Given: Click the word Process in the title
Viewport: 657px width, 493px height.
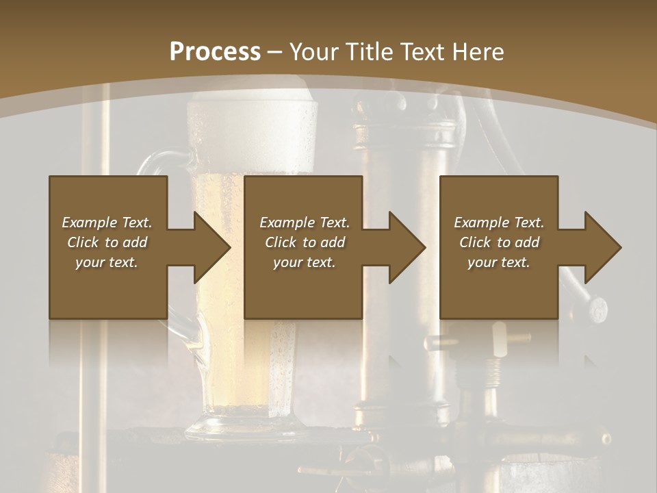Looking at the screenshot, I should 215,51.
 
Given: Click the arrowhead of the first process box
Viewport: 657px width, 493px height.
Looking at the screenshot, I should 212,247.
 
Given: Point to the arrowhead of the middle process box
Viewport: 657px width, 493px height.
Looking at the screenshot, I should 407,247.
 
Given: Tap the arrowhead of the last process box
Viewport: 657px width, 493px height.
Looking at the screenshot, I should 603,247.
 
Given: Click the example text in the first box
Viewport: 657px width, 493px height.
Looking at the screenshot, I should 107,242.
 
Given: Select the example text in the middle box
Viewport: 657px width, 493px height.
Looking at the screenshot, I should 305,242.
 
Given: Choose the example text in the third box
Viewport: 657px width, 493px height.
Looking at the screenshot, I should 499,242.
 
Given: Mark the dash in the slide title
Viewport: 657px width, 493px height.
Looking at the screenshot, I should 274,52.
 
